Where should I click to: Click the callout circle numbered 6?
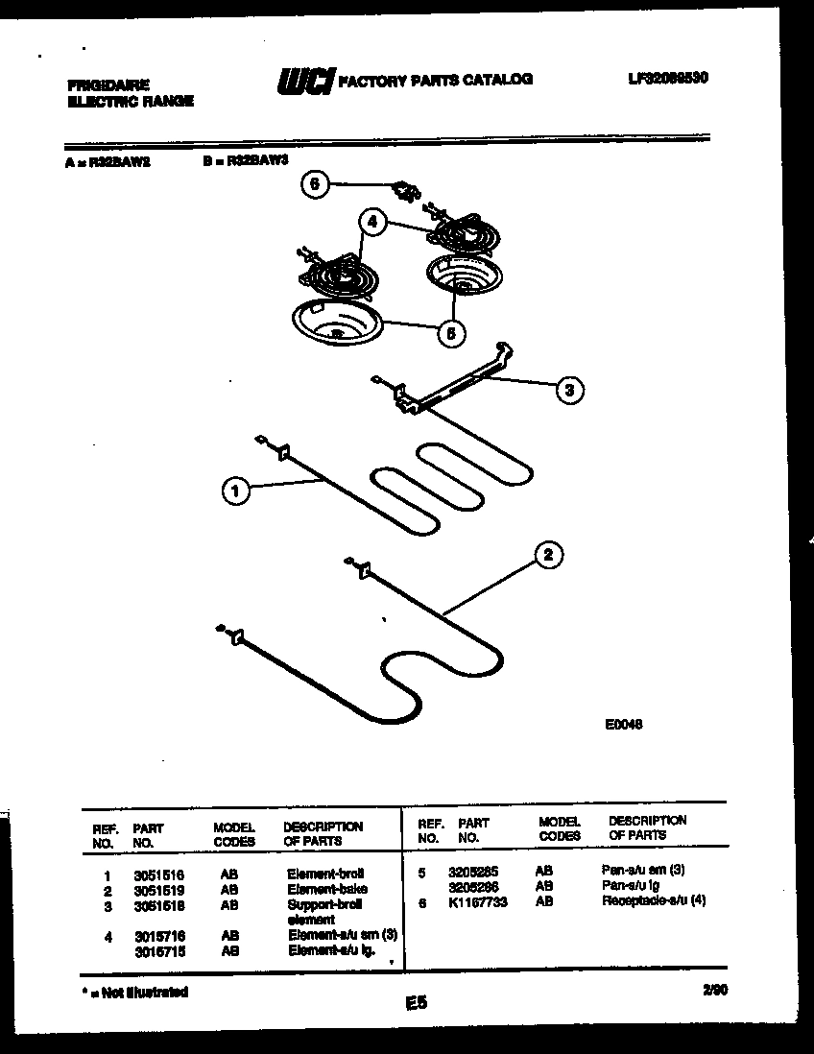(x=314, y=184)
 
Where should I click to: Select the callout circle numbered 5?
(x=449, y=333)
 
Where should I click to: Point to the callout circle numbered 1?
(x=235, y=491)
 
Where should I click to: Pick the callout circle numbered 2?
(x=548, y=555)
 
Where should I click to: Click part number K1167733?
(x=477, y=902)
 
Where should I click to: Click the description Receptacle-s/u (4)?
(x=653, y=902)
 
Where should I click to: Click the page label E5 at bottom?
(x=416, y=1003)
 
